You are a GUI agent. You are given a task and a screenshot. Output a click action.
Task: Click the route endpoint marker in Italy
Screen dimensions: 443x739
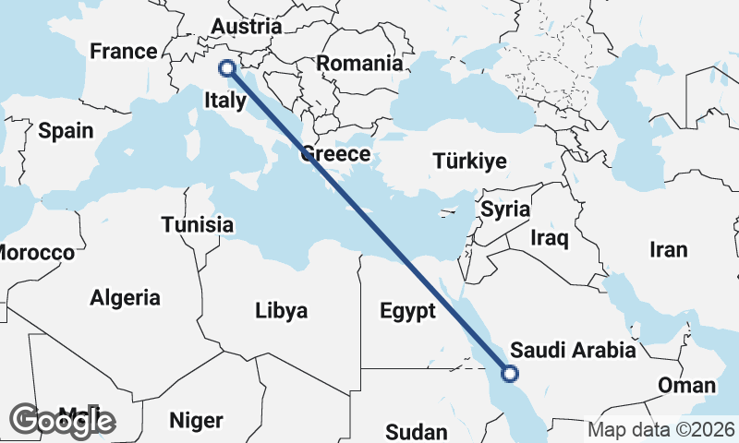(225, 67)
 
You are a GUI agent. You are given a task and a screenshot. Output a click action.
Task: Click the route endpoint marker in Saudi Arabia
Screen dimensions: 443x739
(509, 374)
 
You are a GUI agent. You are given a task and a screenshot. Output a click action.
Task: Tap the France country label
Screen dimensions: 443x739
(123, 52)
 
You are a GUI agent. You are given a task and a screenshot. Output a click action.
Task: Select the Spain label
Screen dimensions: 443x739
(66, 131)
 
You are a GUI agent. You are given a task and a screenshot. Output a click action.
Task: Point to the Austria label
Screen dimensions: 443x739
(246, 27)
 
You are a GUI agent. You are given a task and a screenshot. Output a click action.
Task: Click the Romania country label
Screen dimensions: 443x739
(359, 64)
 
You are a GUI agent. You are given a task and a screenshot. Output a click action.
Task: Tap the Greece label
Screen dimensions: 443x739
(334, 154)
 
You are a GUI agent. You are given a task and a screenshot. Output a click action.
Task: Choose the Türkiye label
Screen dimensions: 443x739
(469, 162)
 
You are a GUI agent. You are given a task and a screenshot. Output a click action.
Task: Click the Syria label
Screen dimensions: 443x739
(505, 210)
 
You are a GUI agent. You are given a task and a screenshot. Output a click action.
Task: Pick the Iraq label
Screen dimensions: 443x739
(549, 238)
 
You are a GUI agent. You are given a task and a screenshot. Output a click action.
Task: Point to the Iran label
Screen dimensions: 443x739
(668, 250)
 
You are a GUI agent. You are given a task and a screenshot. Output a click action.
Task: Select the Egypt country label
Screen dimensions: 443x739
(406, 311)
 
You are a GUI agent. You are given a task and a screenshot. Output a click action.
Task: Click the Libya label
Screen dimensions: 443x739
(281, 310)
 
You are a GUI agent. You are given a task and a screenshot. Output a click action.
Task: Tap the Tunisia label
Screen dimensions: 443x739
(197, 225)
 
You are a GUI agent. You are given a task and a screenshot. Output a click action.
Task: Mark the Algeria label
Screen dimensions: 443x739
(125, 298)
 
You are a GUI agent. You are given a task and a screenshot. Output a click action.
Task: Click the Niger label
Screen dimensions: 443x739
(196, 421)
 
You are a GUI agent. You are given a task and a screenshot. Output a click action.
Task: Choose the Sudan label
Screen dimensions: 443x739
(416, 431)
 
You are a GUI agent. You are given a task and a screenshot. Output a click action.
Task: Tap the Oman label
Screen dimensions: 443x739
(685, 385)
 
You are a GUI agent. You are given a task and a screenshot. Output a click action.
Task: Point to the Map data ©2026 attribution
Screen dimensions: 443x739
(661, 430)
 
